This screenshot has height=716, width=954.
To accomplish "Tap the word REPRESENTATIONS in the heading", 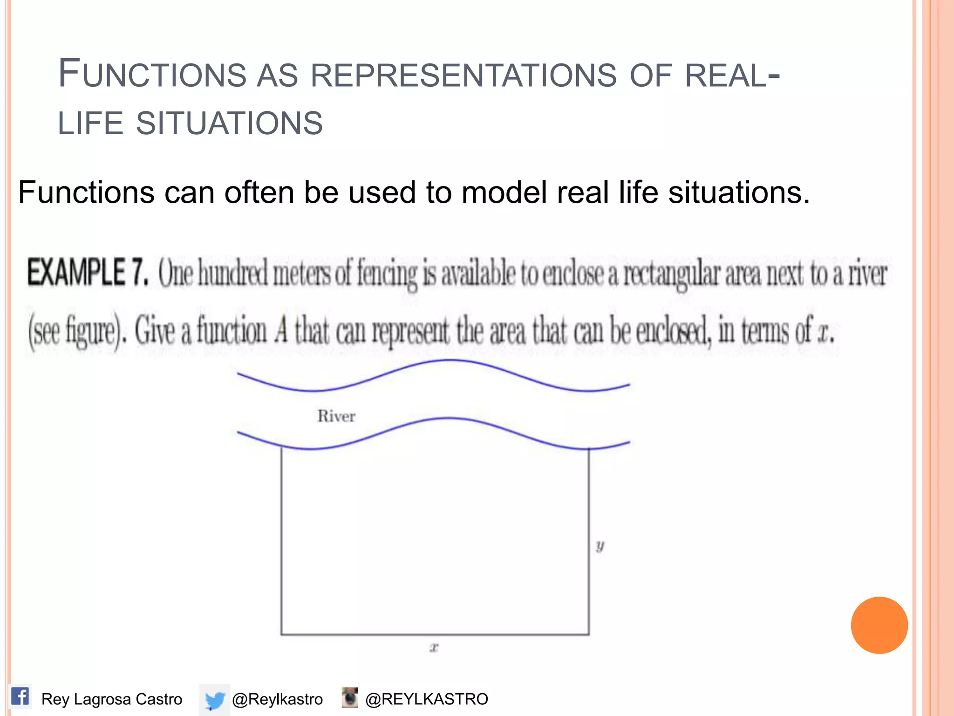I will point(463,76).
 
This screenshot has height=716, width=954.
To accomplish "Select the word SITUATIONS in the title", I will point(229,124).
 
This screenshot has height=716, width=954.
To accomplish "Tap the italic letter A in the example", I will point(281,331).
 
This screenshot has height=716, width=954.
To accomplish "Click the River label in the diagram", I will point(336,416).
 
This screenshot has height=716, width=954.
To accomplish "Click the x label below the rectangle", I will point(434,647).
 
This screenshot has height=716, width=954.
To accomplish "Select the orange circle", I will point(879,625).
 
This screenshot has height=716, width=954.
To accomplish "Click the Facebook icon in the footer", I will point(20,697).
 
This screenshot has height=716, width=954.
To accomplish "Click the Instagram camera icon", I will point(349,698).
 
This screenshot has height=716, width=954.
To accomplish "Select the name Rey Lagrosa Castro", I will point(112,699).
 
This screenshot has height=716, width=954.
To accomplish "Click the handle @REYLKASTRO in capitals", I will point(427,699).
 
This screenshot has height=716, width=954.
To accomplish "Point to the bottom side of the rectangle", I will point(435,634).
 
